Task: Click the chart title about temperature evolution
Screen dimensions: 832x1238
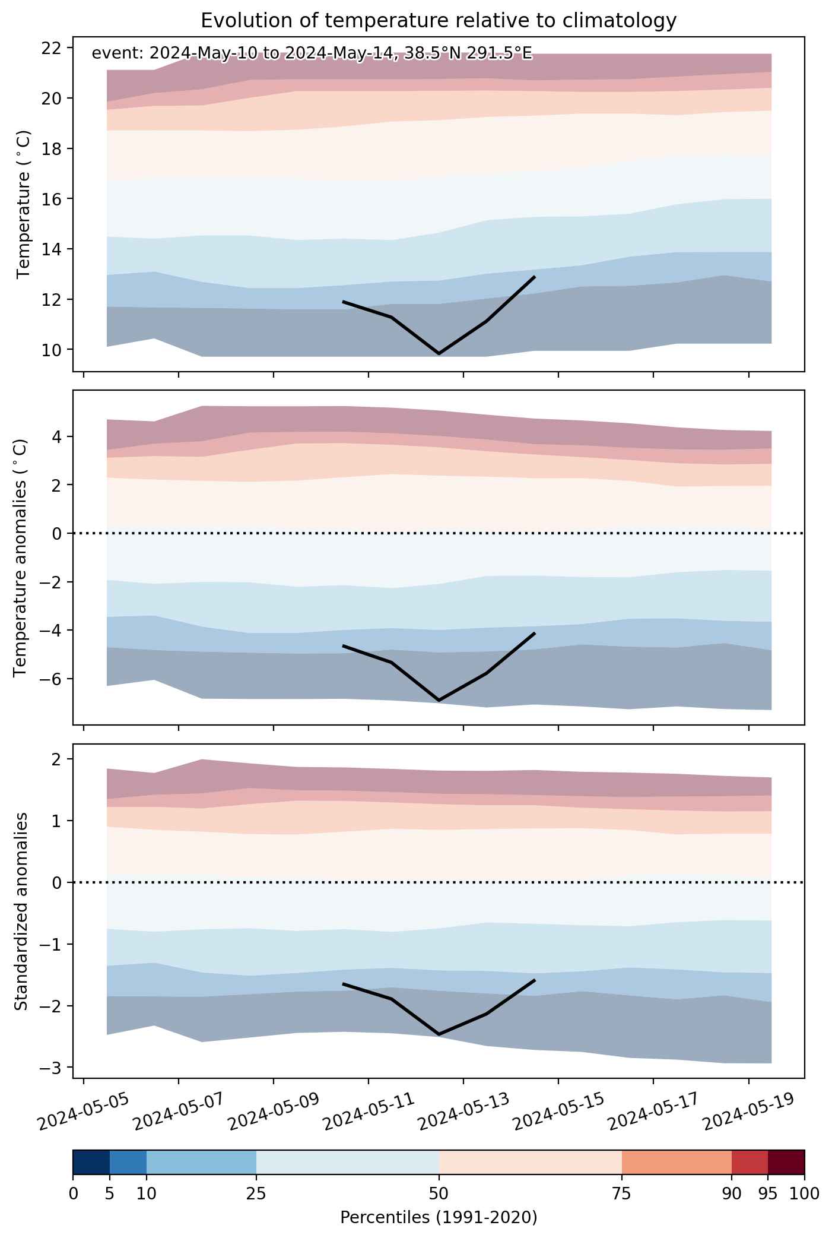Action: pos(439,21)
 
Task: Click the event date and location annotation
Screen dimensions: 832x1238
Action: pos(312,54)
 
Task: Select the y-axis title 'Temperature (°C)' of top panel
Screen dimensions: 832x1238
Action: pos(24,204)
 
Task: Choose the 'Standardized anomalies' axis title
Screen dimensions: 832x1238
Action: pos(21,911)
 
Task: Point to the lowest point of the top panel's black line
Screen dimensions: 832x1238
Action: pos(439,353)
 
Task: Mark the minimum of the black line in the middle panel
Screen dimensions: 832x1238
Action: pos(439,701)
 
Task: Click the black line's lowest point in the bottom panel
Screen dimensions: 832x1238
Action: pos(439,1034)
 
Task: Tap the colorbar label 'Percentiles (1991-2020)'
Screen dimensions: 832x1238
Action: pos(439,1217)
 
